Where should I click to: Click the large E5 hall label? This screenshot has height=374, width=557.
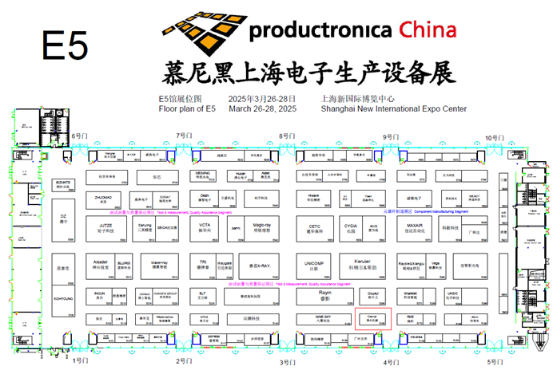[x=64, y=46]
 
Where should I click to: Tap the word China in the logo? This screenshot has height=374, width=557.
[x=428, y=30]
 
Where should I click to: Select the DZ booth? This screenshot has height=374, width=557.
[x=62, y=218]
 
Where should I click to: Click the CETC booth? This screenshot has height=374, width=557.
[x=314, y=228]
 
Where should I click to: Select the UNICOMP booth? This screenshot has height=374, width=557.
[x=314, y=266]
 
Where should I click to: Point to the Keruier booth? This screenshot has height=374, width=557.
[x=363, y=262]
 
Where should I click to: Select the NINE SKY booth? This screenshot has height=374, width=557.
[x=314, y=320]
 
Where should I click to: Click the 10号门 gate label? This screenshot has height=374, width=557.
[x=496, y=137]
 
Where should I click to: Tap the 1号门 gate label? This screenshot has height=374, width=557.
[x=80, y=361]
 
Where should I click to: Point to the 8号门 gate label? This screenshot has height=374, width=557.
[x=287, y=136]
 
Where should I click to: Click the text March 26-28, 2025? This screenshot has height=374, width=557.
[x=262, y=108]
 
